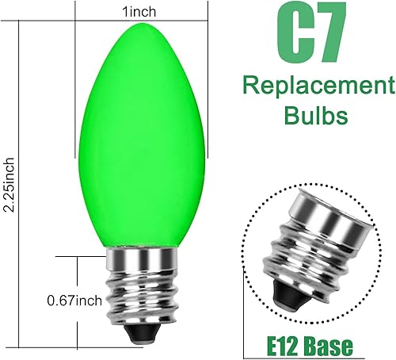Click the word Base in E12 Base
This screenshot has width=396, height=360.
point(331,346)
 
